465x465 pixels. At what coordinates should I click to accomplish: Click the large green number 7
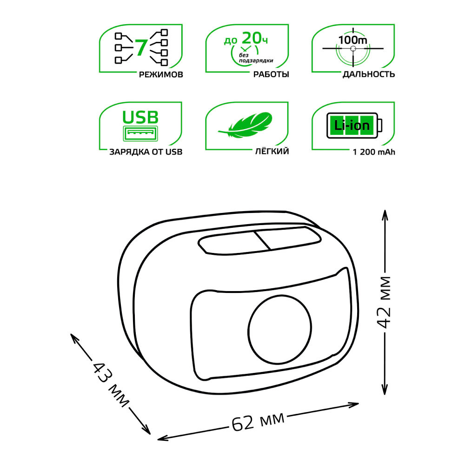[x=141, y=47]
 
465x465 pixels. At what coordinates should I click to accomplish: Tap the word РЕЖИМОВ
[x=161, y=74]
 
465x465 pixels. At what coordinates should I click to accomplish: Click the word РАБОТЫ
[x=271, y=74]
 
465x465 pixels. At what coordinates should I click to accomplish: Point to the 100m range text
[x=352, y=40]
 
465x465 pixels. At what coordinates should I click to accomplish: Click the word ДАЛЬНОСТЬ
[x=369, y=74]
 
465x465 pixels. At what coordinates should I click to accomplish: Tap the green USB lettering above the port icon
[x=140, y=117]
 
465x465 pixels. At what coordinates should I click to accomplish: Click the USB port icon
[x=140, y=133]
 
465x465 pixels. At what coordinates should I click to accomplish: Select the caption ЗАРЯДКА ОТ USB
[x=146, y=152]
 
